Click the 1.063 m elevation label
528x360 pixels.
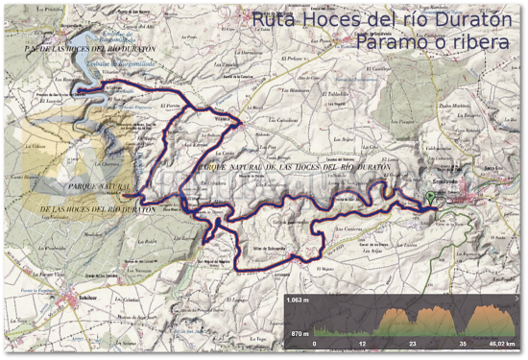click(303, 300)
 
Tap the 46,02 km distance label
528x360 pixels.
click(501, 343)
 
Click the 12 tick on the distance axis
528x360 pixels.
click(363, 343)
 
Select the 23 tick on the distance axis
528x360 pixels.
click(412, 343)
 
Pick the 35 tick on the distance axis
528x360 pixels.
click(462, 343)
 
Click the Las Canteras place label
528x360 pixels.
click(348, 230)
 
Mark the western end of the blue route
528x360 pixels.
click(78, 89)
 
